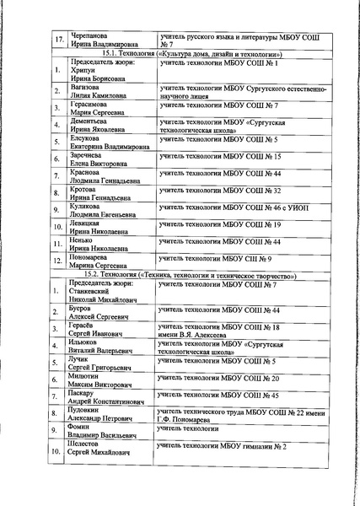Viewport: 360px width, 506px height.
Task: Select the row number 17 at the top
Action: (x=58, y=39)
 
